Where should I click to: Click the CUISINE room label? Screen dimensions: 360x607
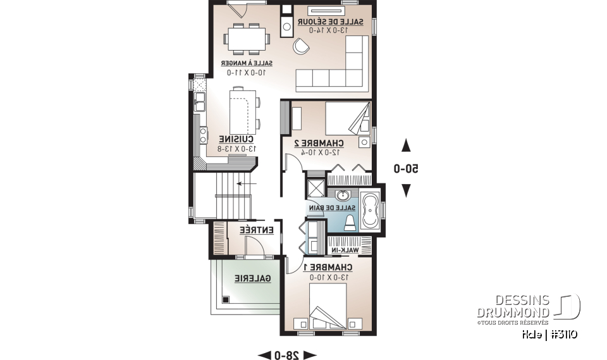pos(236,139)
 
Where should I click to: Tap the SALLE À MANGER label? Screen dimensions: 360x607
pos(247,63)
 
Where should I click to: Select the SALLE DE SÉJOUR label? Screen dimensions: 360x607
pos(335,22)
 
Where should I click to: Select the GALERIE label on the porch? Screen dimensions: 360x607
pos(253,278)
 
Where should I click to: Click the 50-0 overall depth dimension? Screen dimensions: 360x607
pos(407,169)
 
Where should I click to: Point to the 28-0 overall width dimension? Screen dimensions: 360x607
pos(287,354)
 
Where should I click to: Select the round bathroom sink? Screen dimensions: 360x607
pos(343,195)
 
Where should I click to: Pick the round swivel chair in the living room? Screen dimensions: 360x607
pos(300,46)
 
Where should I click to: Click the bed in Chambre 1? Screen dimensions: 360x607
pos(328,307)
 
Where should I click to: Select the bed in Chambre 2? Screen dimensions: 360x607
pos(348,118)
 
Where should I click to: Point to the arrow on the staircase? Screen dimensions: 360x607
pos(242,184)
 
